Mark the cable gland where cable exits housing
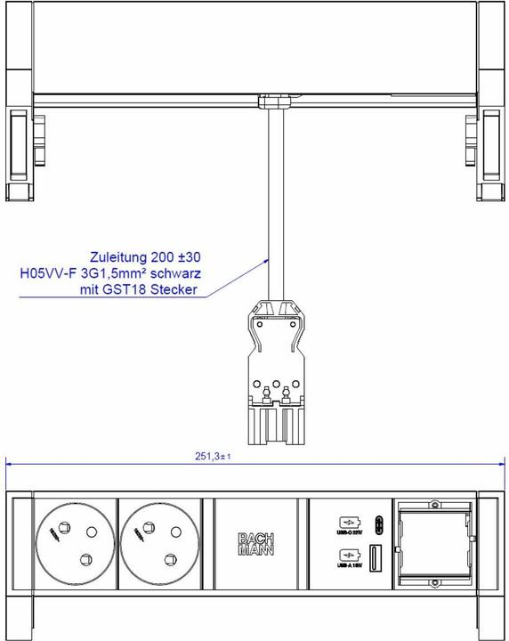click(271, 102)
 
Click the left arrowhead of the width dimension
click(10, 463)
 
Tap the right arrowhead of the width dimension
click(500, 463)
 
